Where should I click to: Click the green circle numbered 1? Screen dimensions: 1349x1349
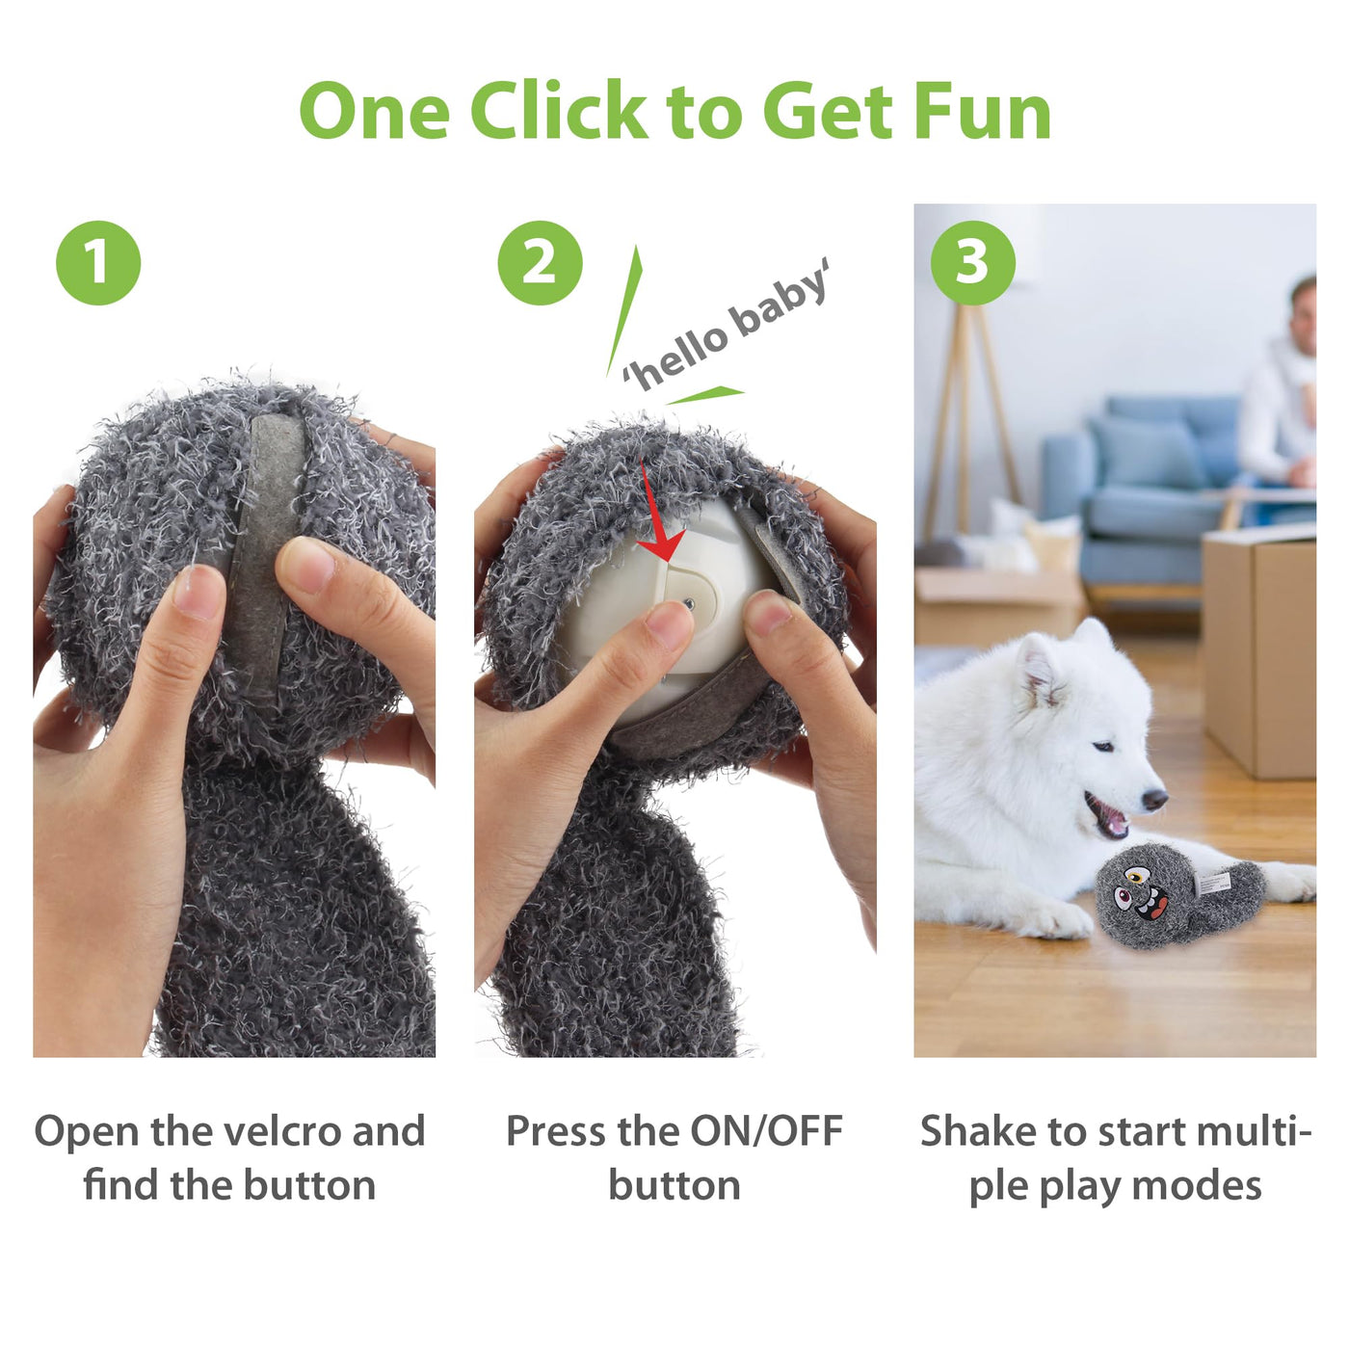98,262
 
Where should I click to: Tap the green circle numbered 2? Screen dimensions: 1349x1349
540,262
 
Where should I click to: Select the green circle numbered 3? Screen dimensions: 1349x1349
972,262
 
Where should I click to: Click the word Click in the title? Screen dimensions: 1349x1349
559,111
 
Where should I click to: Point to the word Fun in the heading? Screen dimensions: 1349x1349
982,111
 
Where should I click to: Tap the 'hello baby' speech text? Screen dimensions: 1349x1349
726,324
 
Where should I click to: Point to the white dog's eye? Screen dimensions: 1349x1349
1103,746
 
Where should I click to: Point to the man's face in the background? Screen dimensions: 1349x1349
1303,319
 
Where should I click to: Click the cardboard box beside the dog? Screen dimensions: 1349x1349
1258,652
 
